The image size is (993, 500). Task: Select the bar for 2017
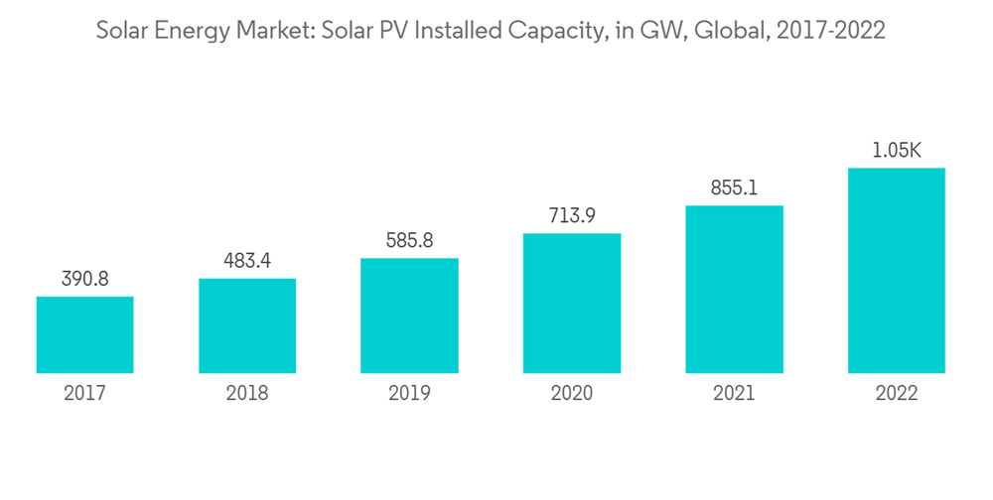(x=85, y=335)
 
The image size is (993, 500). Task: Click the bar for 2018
(x=247, y=326)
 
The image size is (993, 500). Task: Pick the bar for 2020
(x=572, y=304)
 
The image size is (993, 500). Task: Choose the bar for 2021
(x=734, y=290)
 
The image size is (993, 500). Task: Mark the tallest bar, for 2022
(x=897, y=271)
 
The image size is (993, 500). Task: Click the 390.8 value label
(x=85, y=279)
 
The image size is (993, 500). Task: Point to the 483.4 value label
(x=247, y=261)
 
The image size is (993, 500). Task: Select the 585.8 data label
(x=409, y=241)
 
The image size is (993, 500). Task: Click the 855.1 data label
(x=734, y=187)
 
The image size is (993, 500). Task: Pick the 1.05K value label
(x=897, y=151)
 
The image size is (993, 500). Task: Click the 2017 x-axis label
(x=85, y=394)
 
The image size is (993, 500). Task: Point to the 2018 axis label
(x=247, y=394)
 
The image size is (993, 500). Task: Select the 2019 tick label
(x=409, y=394)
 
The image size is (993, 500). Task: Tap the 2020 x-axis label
(x=572, y=394)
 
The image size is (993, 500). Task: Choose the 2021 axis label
(x=734, y=394)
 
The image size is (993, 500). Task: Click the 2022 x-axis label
(x=897, y=394)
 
